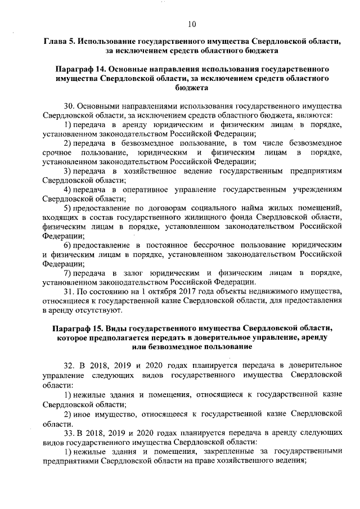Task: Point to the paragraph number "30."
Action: (x=70, y=106)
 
